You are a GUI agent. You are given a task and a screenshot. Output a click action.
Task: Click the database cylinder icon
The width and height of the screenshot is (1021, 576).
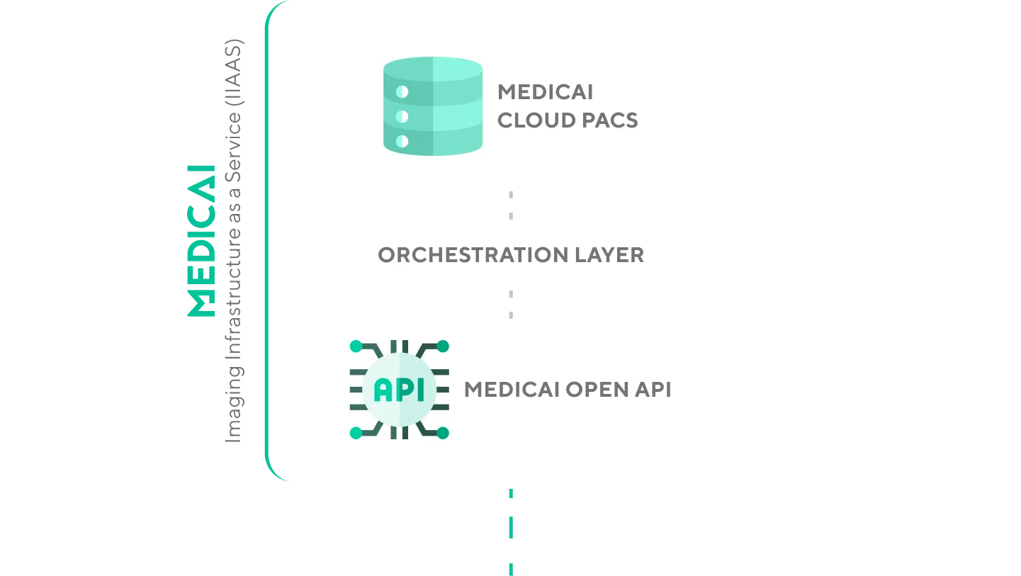coord(433,106)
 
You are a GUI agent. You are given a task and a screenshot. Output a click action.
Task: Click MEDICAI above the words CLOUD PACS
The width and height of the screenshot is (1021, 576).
coord(545,92)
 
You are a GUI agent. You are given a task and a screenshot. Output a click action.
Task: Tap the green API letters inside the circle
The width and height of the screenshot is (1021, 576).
coord(399,389)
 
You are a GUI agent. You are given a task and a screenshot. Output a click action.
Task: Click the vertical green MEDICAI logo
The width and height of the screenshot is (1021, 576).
coord(201,240)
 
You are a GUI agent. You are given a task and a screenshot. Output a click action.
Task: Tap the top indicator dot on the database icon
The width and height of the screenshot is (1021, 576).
coord(402,91)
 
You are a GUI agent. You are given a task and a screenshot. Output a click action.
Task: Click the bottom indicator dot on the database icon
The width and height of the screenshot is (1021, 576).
coord(402,141)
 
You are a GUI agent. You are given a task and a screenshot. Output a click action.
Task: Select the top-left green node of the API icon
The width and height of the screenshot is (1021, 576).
coord(356,346)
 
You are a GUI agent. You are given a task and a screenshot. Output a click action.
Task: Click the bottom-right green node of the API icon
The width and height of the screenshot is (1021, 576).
coord(443,432)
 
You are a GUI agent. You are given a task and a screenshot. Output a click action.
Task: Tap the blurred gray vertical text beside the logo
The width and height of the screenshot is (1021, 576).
coord(235,240)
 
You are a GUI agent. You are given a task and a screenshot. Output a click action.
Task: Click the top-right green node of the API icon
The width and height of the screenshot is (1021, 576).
coord(443,346)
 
